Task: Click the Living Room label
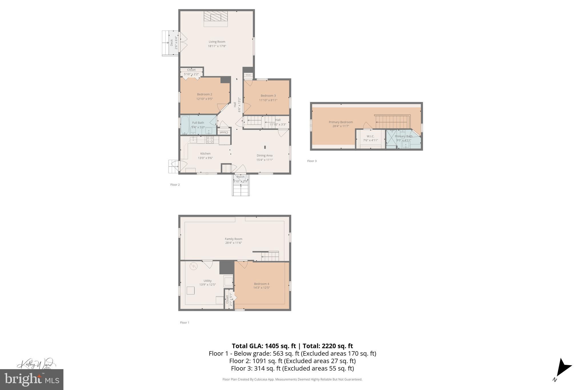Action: [217, 42]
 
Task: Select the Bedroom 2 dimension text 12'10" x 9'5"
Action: [205, 99]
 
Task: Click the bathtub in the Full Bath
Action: [185, 125]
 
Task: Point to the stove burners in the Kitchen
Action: [210, 139]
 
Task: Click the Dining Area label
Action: [265, 155]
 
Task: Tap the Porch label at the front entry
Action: [241, 177]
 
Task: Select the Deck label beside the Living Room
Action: [172, 43]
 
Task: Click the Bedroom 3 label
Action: [268, 96]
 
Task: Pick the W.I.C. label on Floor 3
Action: [370, 136]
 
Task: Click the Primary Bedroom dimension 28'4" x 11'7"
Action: [341, 126]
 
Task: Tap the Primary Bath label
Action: [404, 136]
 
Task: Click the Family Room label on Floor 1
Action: [233, 239]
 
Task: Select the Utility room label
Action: [208, 281]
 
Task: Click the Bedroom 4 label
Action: [261, 284]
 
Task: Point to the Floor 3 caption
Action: [312, 161]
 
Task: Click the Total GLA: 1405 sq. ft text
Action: [263, 346]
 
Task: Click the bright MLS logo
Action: [32, 379]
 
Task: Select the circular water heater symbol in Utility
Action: [194, 266]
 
